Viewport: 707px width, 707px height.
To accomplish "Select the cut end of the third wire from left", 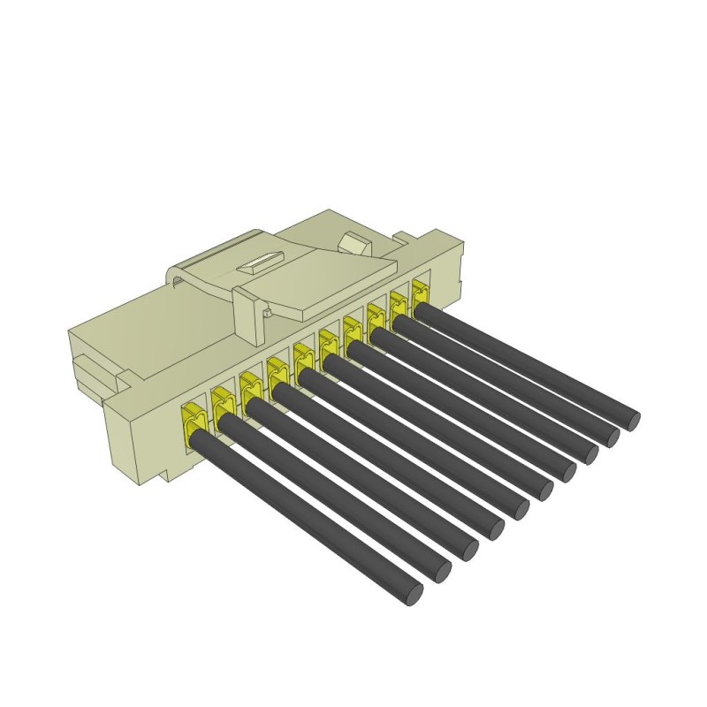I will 466,550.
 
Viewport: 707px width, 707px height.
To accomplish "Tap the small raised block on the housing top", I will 355,242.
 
